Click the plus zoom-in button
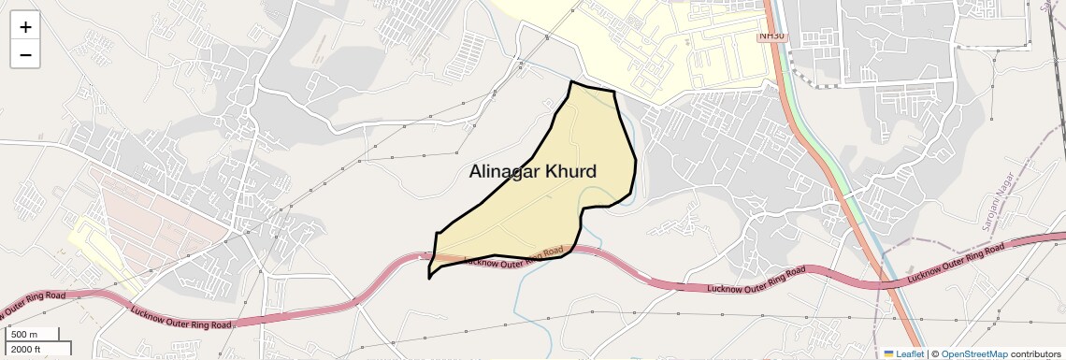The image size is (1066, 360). click(x=25, y=27)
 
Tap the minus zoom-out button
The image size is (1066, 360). click(x=25, y=54)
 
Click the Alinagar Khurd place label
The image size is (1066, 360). click(x=532, y=172)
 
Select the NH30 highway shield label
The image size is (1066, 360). click(x=772, y=36)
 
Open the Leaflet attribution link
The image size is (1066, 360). click(x=909, y=353)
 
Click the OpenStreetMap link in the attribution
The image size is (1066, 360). click(x=973, y=353)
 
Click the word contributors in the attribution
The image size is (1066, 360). click(x=1035, y=353)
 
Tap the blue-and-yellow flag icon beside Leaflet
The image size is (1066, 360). click(x=889, y=353)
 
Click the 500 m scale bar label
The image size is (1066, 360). click(x=24, y=335)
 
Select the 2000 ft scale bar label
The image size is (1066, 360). click(x=26, y=349)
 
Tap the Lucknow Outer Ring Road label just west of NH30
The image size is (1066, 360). click(x=756, y=280)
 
